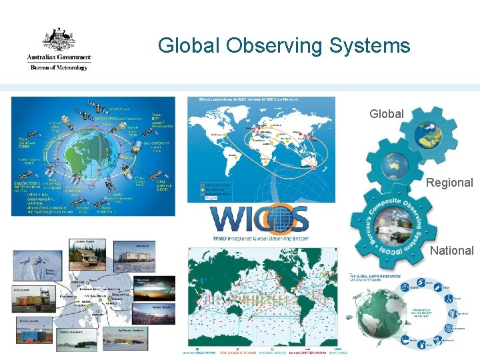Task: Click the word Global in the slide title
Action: click(x=189, y=45)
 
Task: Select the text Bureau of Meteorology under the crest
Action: click(x=59, y=67)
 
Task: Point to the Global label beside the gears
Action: click(x=387, y=114)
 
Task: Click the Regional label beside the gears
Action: click(x=449, y=183)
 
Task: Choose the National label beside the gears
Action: click(x=451, y=251)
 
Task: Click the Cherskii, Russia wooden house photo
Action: click(x=85, y=255)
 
